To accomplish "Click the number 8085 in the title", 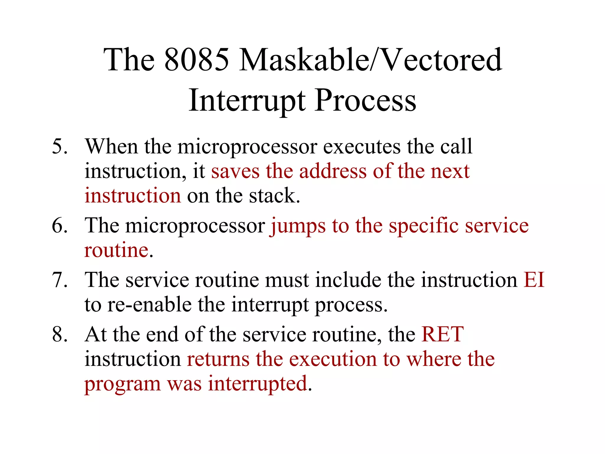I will (196, 60).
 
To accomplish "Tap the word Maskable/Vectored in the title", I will (370, 60).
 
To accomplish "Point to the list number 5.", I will (59, 147).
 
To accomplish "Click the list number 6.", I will (59, 226).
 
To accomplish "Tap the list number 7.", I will (59, 280).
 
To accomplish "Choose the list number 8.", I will (59, 335).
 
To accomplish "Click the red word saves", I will (235, 172).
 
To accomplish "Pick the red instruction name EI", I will (534, 280).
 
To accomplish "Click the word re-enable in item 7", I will (149, 305).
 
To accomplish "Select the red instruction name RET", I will (443, 335).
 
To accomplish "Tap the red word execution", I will (333, 359).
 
